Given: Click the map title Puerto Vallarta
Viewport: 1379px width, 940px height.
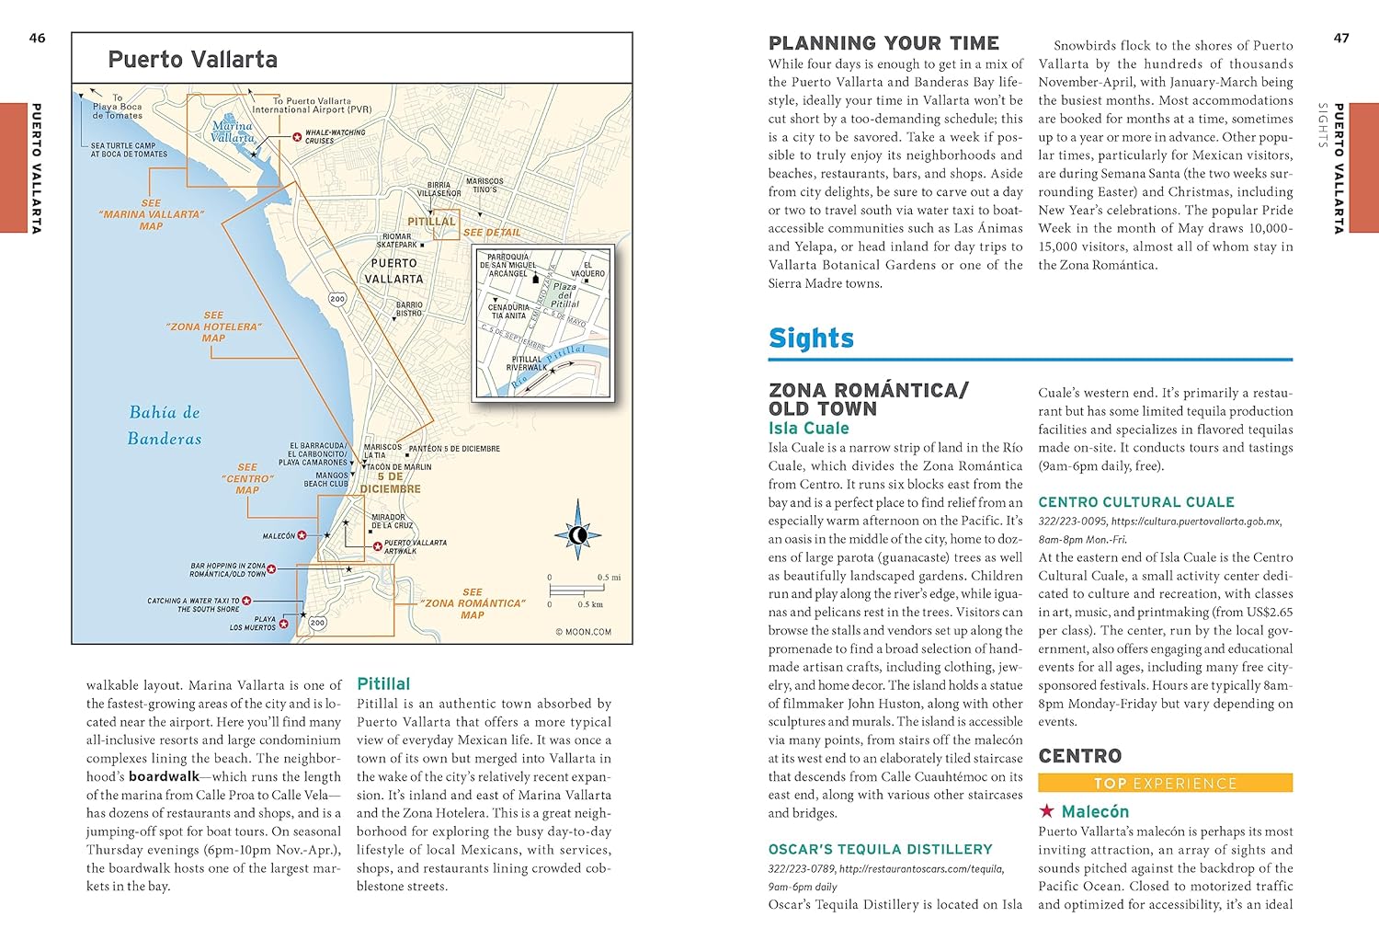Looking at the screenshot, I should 192,60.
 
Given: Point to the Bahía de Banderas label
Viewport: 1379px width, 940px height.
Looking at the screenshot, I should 165,425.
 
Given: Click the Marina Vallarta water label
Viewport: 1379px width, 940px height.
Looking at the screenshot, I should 232,132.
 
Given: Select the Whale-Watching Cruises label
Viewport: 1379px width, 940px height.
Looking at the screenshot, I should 335,137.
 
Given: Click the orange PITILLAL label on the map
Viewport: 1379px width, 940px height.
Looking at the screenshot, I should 431,222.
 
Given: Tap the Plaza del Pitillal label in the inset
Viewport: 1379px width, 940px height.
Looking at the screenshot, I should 564,295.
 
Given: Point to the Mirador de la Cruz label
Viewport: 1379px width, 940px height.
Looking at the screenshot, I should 393,522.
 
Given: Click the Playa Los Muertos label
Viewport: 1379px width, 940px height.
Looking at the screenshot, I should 252,624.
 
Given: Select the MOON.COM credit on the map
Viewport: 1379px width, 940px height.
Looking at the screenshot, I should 583,632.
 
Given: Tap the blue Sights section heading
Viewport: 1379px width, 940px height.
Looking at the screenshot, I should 811,338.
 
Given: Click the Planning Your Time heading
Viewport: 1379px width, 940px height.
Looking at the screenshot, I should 883,43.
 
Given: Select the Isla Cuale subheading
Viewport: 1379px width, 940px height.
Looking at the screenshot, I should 808,428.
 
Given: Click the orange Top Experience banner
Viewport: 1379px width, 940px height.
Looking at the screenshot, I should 1165,784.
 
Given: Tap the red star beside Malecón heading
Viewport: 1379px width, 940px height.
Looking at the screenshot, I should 1046,811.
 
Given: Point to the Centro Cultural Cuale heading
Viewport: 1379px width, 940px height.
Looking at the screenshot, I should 1135,502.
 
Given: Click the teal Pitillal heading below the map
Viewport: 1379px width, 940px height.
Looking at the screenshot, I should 383,683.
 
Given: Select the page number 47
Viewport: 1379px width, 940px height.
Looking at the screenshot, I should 1341,38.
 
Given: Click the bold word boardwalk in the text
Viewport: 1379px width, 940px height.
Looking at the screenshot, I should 164,776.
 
